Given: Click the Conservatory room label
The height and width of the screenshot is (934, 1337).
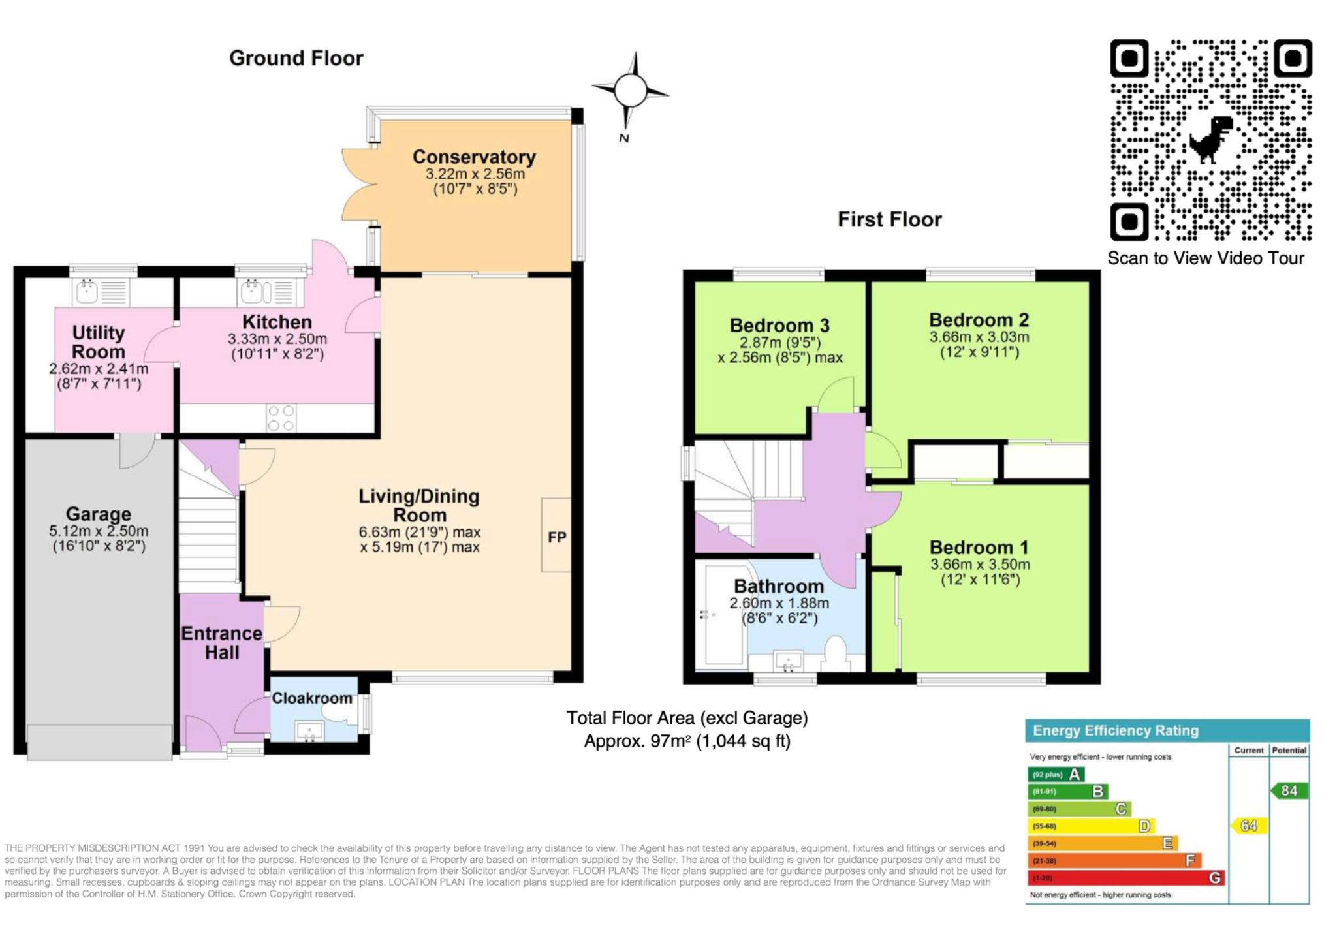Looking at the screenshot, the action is pyautogui.click(x=474, y=157).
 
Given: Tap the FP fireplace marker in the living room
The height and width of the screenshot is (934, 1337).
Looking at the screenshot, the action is pyautogui.click(x=557, y=537).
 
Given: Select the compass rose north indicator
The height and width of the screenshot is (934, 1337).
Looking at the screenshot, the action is pyautogui.click(x=630, y=91).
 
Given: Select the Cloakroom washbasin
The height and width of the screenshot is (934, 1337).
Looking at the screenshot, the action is pyautogui.click(x=309, y=731).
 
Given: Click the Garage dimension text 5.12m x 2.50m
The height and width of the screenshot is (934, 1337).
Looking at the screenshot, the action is pyautogui.click(x=99, y=531).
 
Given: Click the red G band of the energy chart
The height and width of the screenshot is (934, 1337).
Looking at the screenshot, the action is pyautogui.click(x=1126, y=878).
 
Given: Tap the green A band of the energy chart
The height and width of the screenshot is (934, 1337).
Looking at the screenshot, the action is pyautogui.click(x=1056, y=775).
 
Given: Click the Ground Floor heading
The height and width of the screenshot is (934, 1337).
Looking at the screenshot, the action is pyautogui.click(x=296, y=58).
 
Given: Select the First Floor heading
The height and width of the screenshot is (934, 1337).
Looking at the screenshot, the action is pyautogui.click(x=890, y=219).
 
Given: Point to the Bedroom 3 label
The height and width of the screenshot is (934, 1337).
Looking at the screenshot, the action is pyautogui.click(x=779, y=325).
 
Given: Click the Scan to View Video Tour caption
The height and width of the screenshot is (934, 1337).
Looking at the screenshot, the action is pyautogui.click(x=1206, y=258).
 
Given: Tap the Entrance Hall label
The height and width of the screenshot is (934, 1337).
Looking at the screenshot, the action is pyautogui.click(x=222, y=643).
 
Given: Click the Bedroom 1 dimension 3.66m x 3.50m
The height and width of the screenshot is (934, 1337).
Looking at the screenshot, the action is pyautogui.click(x=980, y=565).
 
